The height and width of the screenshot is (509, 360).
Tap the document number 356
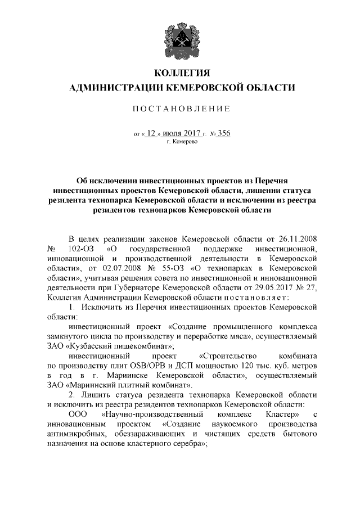[x=224, y=134]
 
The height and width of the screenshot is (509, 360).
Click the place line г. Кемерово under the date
[x=181, y=143]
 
